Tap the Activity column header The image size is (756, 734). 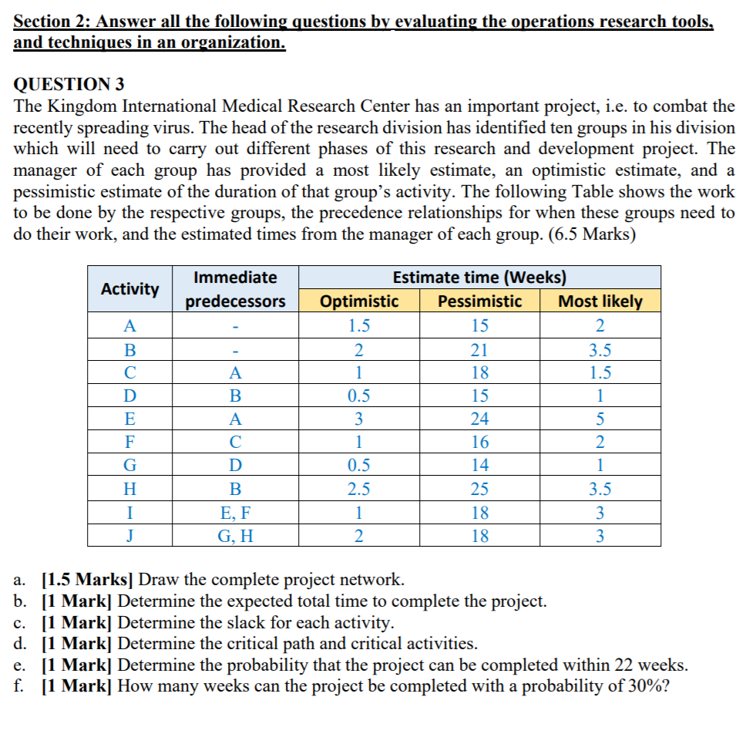(x=130, y=289)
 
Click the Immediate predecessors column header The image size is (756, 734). (x=235, y=289)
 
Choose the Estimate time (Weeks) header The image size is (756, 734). (x=479, y=278)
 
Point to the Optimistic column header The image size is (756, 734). (x=359, y=301)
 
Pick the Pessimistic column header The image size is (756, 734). (x=479, y=301)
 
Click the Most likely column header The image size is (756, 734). (x=600, y=301)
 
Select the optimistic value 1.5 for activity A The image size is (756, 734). (x=359, y=326)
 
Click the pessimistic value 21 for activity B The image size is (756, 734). (x=479, y=349)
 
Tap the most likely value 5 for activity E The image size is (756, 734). (x=600, y=419)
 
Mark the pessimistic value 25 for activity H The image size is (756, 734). (x=479, y=489)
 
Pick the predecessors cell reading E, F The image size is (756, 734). (x=235, y=512)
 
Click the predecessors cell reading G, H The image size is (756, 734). (x=235, y=536)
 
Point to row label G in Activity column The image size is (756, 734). (x=130, y=466)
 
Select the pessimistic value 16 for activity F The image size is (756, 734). (x=479, y=443)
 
